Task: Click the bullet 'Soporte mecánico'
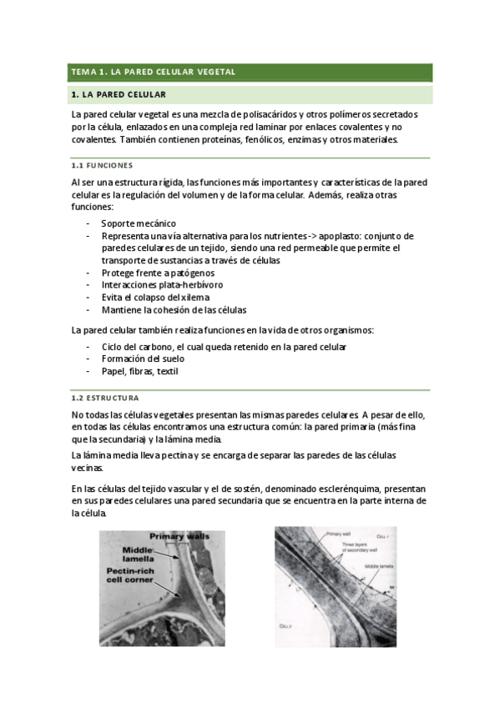tap(139, 223)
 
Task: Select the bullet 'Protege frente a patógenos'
tap(158, 273)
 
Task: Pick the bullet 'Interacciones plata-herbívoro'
tap(162, 285)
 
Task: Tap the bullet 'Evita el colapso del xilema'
tap(155, 298)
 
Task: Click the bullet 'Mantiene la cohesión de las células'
tap(174, 310)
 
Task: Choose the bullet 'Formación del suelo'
tap(143, 359)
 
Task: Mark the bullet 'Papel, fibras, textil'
tap(139, 371)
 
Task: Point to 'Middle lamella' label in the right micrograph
tap(379, 565)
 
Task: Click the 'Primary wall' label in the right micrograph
tap(338, 533)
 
